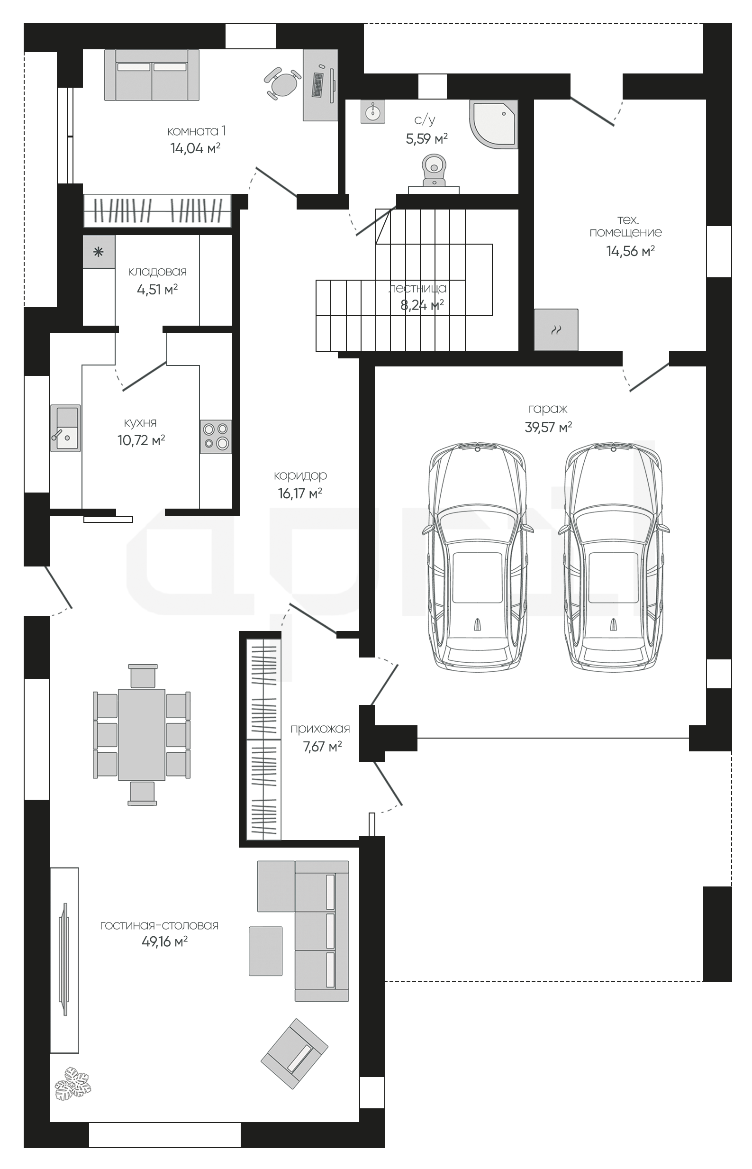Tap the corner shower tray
pos(494,124)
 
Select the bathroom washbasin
pos(373,112)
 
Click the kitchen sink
pos(65,428)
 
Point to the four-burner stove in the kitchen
pos(216,436)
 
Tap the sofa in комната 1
pos(152,75)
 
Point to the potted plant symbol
pos(73,1083)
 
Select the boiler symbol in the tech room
pos(556,330)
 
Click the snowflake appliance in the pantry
pos(99,252)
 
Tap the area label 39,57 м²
pos(548,427)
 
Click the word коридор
pos(300,475)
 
